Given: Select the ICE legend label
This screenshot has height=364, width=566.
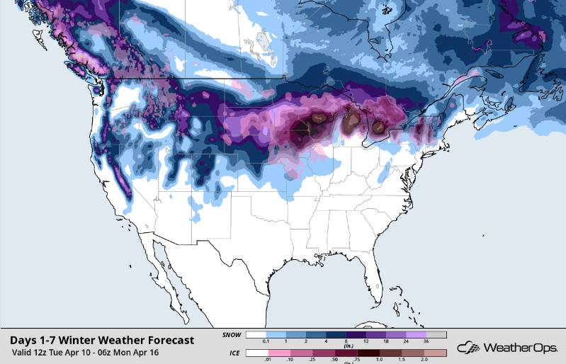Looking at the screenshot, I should click(x=231, y=353).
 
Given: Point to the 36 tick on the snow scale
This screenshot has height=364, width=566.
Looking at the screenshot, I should click(x=425, y=343).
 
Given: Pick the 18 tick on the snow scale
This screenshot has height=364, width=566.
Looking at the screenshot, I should click(x=385, y=343).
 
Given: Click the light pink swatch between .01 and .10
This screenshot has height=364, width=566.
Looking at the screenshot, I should click(x=278, y=353).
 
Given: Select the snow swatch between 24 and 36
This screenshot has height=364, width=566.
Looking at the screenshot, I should click(x=415, y=335).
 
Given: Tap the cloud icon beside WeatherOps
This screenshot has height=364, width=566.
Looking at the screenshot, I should click(x=469, y=348).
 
